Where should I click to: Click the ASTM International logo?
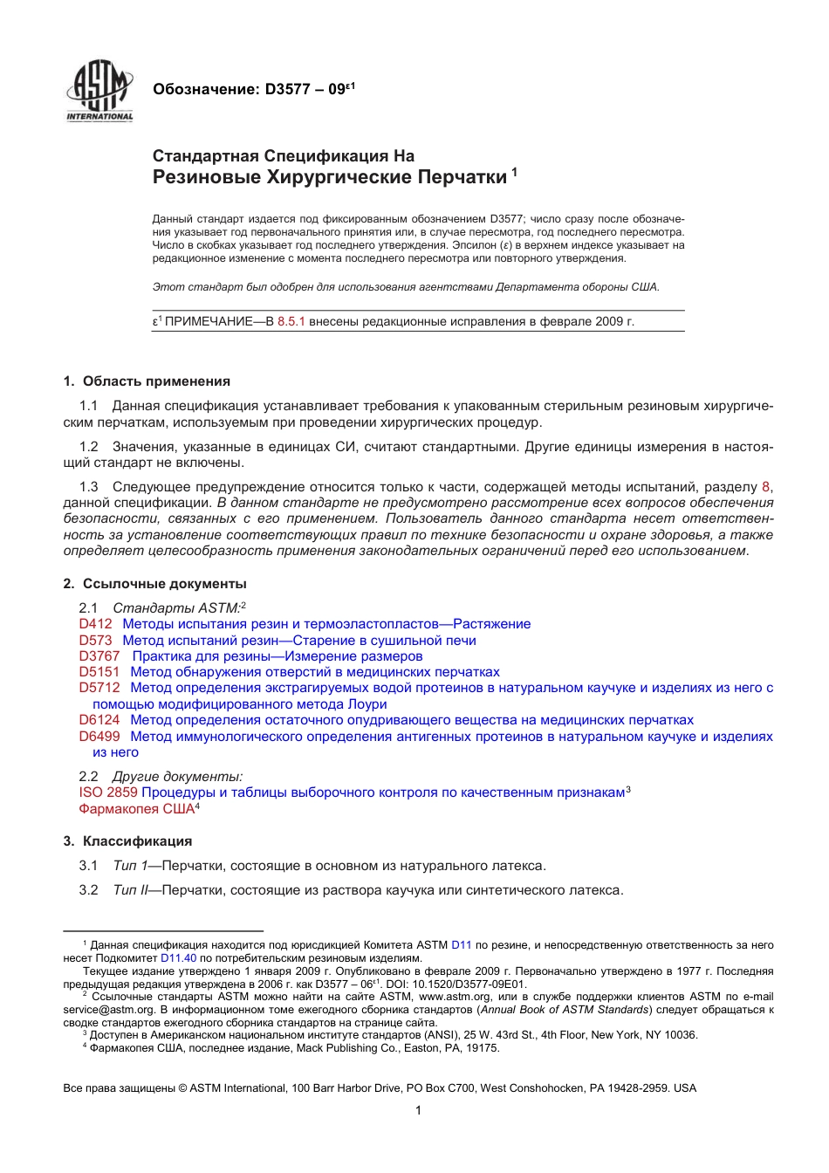(99, 91)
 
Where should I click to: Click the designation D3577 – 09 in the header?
(253, 89)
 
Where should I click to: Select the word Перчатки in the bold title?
(462, 177)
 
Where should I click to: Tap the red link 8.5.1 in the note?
(291, 321)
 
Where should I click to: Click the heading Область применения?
(156, 381)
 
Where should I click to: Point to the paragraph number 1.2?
(88, 447)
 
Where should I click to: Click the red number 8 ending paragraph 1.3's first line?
(766, 487)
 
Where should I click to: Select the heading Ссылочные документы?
(164, 584)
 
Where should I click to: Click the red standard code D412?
(95, 624)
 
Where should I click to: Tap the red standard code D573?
(95, 641)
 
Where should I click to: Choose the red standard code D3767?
(99, 656)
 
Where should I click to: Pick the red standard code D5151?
(99, 672)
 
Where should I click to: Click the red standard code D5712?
(99, 688)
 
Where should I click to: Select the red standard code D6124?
(99, 720)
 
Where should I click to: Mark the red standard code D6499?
(99, 737)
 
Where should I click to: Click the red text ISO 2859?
(108, 792)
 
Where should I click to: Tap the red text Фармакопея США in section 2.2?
(136, 809)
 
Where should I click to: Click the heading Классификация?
(137, 841)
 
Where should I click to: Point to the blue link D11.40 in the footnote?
(178, 957)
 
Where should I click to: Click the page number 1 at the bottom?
(418, 1110)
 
